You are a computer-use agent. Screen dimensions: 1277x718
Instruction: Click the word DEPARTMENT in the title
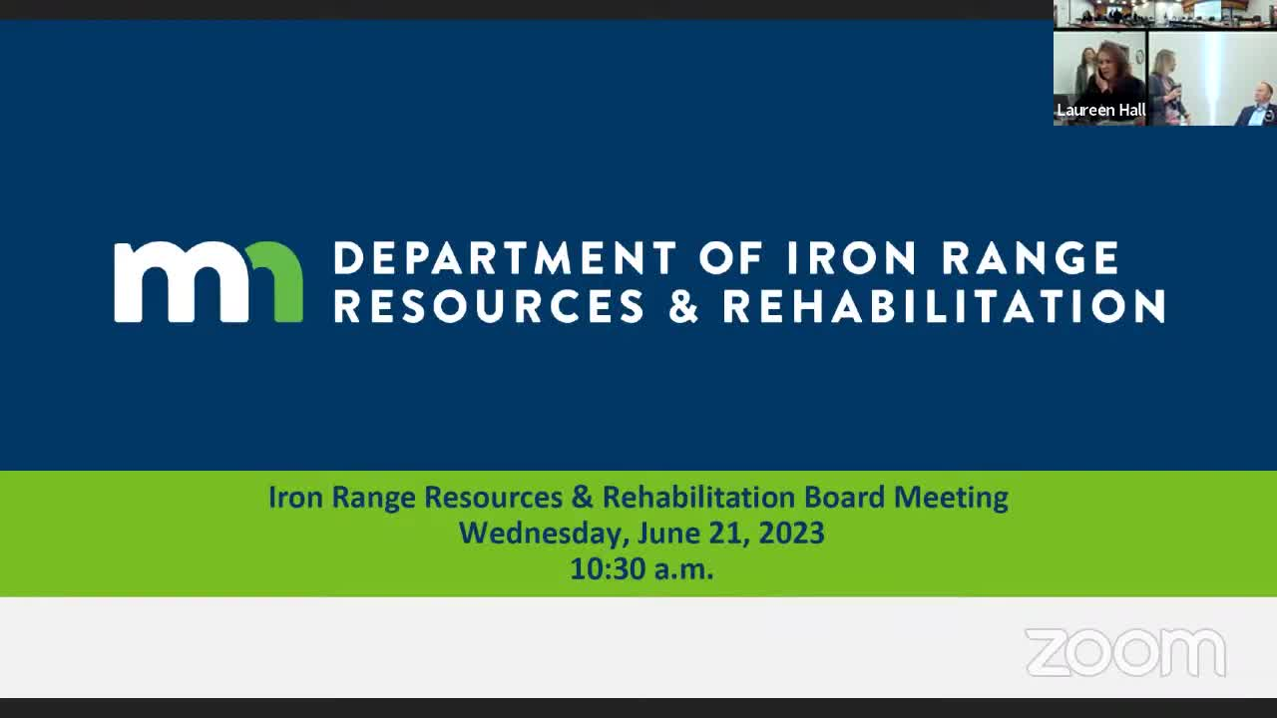click(505, 257)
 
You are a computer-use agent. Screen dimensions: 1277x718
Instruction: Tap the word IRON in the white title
click(852, 257)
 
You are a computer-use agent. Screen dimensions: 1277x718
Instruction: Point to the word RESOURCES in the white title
click(489, 306)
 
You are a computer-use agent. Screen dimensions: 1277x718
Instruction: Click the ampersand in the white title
click(684, 306)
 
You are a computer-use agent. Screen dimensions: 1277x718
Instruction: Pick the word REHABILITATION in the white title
click(944, 306)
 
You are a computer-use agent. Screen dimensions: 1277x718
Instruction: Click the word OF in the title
click(731, 257)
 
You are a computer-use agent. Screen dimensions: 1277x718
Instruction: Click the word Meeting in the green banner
click(951, 498)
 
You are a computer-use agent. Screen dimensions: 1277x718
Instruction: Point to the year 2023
click(791, 533)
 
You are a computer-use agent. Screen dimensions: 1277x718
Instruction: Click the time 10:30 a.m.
click(641, 568)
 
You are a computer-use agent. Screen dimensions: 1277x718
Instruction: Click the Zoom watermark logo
click(1126, 652)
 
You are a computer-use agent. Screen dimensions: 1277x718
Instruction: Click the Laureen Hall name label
click(1100, 110)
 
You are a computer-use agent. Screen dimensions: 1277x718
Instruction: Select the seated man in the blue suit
click(1256, 104)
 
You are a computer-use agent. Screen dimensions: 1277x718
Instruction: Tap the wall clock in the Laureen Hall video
click(1138, 57)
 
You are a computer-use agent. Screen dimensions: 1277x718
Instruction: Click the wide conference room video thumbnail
click(1164, 14)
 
